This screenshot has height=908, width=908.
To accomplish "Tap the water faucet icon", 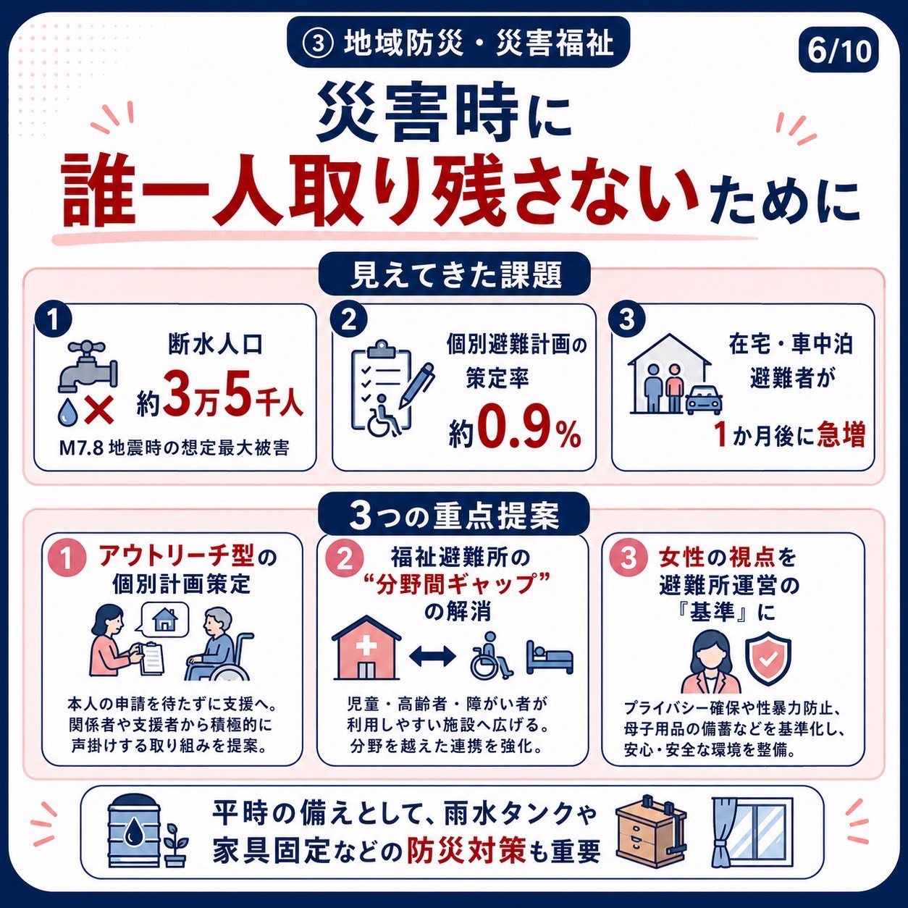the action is point(87,366).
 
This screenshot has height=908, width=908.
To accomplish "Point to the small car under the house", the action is point(704,400).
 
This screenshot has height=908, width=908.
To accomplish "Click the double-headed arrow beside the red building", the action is point(432,655).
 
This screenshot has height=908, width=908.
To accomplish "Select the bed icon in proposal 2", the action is point(549,656).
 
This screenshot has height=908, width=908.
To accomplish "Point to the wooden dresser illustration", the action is point(651,834).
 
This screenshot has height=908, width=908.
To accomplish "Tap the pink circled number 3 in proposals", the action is point(629,558).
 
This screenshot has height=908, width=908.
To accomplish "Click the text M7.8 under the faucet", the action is point(80,448).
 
